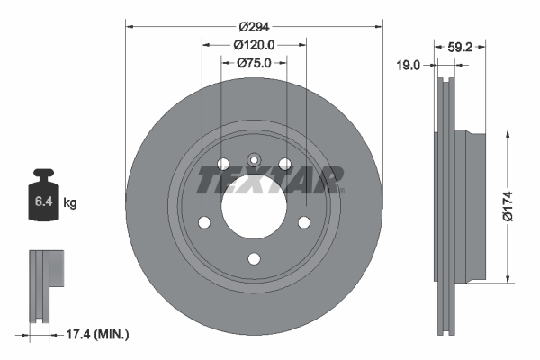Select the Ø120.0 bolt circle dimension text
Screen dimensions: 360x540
(254, 45)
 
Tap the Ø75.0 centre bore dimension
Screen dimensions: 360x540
(254, 63)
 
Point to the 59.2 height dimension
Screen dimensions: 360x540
(457, 47)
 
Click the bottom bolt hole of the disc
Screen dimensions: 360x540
(253, 258)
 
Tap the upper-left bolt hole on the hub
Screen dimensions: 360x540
(222, 163)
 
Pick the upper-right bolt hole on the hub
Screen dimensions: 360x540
(284, 163)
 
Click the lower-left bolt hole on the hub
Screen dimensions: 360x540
(203, 222)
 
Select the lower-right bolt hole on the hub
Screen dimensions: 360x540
(303, 222)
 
